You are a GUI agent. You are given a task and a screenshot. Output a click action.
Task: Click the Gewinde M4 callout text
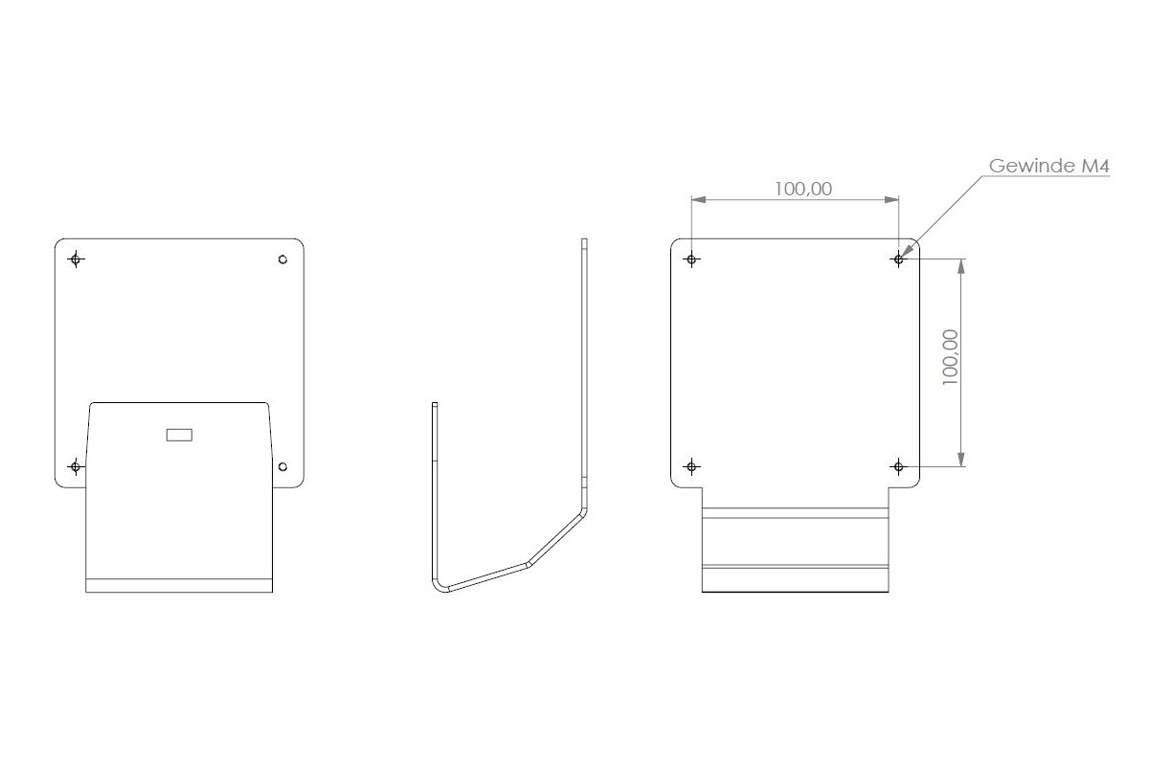click(x=1048, y=167)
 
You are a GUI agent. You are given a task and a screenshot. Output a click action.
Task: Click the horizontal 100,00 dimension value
click(x=803, y=189)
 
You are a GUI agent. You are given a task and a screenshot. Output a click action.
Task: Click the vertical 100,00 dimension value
click(x=950, y=357)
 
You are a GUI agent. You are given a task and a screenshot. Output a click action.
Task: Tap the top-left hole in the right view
click(x=691, y=259)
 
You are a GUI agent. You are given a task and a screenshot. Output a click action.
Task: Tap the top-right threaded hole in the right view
click(x=898, y=259)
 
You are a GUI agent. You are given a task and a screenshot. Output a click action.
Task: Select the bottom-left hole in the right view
click(x=691, y=467)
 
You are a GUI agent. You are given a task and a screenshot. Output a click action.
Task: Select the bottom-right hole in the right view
click(x=898, y=467)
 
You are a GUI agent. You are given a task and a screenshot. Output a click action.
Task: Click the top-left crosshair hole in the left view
click(x=76, y=259)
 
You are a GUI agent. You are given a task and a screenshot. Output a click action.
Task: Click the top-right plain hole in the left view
click(x=282, y=259)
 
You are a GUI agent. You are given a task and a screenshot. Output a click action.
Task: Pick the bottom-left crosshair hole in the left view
click(x=76, y=467)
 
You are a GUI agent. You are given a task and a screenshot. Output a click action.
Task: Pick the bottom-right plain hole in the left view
click(x=282, y=467)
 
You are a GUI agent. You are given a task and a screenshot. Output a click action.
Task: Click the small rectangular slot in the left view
click(x=179, y=436)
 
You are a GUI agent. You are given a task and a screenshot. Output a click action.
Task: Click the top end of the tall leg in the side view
click(x=584, y=241)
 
